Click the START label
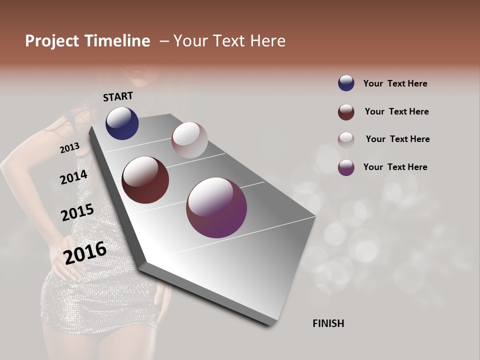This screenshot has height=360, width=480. point(118,96)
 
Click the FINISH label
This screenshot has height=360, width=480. point(328,323)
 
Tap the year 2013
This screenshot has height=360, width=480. point(69,148)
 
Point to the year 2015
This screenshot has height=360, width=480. point(77,212)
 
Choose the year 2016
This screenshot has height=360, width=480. point(85,252)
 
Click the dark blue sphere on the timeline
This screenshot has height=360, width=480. point(122,123)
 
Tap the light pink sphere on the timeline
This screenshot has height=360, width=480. point(189,140)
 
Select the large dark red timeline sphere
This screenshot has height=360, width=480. point(145,180)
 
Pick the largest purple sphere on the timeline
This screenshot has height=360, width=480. point(216,207)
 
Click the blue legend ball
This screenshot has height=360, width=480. point(346,83)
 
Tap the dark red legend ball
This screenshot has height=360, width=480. point(346,112)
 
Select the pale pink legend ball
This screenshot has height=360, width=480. point(346,139)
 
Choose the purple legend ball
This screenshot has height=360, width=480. point(346,167)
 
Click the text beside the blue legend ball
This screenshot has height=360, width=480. point(395,83)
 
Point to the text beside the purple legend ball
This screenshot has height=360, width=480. point(395,167)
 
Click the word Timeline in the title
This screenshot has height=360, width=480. point(116,41)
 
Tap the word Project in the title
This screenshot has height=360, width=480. point(51,41)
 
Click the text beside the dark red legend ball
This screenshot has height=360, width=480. point(396,111)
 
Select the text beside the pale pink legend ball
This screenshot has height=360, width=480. point(397,139)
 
